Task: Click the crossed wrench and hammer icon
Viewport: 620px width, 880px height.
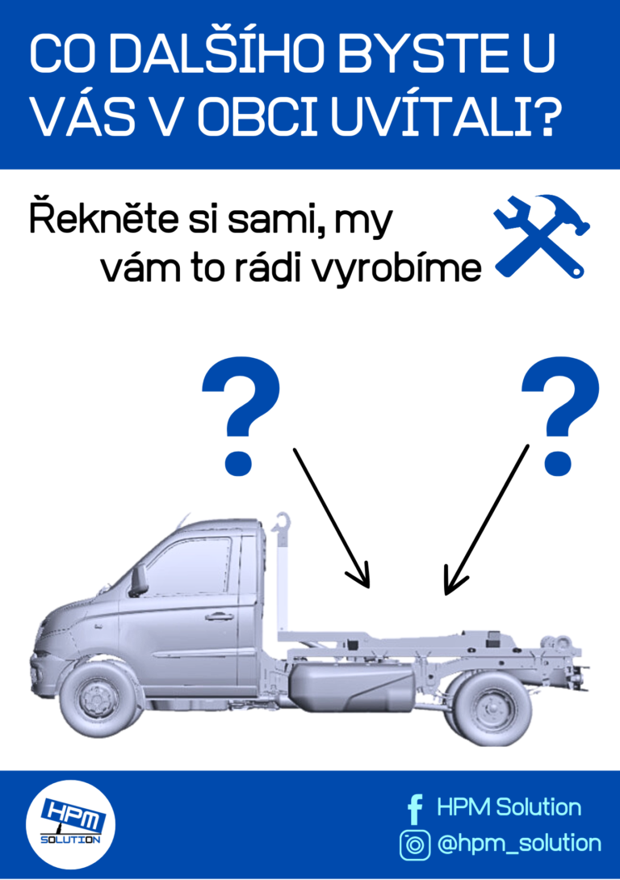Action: [x=542, y=236]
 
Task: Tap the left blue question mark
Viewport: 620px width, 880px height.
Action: [x=241, y=416]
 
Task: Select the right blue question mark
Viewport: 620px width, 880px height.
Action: [x=560, y=416]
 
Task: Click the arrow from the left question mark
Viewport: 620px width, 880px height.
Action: [x=331, y=517]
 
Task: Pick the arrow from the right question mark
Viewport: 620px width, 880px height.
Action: [x=486, y=520]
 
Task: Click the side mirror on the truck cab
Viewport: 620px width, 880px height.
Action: [x=138, y=579]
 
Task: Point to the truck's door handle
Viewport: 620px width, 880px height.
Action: [x=220, y=617]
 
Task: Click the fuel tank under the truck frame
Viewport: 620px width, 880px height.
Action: [x=352, y=686]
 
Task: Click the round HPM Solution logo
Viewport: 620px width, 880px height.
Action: [x=70, y=824]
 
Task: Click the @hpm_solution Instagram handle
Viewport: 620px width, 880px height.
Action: [x=519, y=844]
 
